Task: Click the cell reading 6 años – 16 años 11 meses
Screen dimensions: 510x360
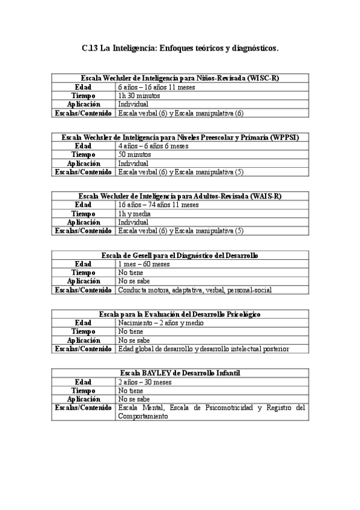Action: (x=153, y=87)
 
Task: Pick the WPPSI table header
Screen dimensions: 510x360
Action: (x=180, y=138)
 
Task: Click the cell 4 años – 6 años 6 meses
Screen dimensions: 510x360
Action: (x=153, y=146)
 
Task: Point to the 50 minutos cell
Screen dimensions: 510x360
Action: (x=134, y=155)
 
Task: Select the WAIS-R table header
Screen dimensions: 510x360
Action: (x=180, y=197)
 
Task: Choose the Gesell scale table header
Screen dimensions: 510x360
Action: (x=180, y=256)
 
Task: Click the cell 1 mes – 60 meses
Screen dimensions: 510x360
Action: (x=144, y=264)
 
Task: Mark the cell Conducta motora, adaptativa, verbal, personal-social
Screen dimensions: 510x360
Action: (x=195, y=290)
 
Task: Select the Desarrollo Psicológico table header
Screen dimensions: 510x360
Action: (x=180, y=315)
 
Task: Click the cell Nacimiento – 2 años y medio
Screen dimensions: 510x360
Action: (x=160, y=323)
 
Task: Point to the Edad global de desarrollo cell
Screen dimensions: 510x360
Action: (x=203, y=349)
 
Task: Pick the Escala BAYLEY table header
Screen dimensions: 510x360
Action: (x=180, y=373)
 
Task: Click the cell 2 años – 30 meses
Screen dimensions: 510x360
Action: (x=145, y=382)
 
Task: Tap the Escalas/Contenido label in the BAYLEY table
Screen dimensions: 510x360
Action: (x=83, y=408)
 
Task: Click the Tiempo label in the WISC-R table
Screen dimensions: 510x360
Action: (x=83, y=96)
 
